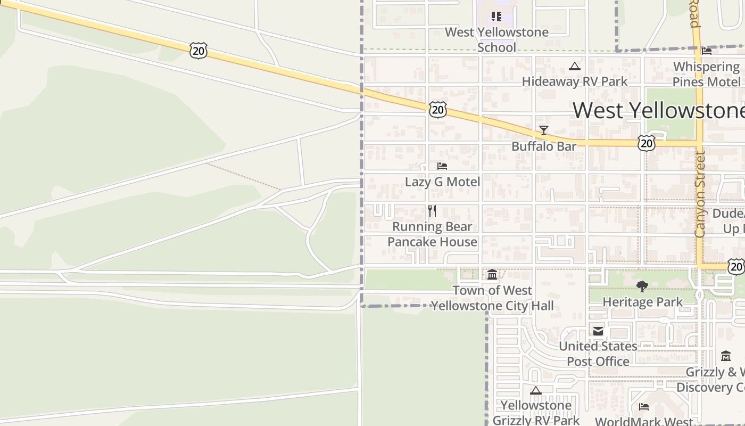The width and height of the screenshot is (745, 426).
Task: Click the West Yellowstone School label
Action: (x=496, y=40)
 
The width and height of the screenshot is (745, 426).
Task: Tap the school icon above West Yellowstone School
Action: (x=496, y=17)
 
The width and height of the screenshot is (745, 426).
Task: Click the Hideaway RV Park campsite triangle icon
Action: (x=574, y=67)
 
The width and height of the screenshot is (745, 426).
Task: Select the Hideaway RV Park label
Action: (x=574, y=81)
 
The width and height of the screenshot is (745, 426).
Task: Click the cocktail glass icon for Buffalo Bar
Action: (x=543, y=130)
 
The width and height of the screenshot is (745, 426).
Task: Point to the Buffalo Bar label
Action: (x=543, y=146)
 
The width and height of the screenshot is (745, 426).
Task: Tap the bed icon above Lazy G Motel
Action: (x=442, y=166)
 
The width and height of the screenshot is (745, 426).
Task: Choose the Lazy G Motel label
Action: (x=442, y=182)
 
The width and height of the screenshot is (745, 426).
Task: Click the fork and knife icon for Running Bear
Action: (x=432, y=211)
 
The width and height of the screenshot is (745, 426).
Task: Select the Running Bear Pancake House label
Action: (x=432, y=234)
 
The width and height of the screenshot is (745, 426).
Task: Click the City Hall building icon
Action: (x=492, y=275)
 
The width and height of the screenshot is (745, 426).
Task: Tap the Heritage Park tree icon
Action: (x=642, y=286)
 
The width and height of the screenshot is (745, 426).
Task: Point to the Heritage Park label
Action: (x=642, y=302)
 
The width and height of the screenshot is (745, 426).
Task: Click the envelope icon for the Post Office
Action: (x=598, y=331)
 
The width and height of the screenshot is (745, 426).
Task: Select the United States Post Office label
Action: (x=598, y=354)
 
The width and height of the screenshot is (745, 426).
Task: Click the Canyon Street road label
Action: (x=700, y=194)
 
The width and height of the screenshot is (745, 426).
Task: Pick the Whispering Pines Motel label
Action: (x=706, y=74)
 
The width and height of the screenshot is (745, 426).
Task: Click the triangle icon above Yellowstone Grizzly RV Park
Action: (x=536, y=390)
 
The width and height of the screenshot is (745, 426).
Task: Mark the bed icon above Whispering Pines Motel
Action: (x=707, y=51)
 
